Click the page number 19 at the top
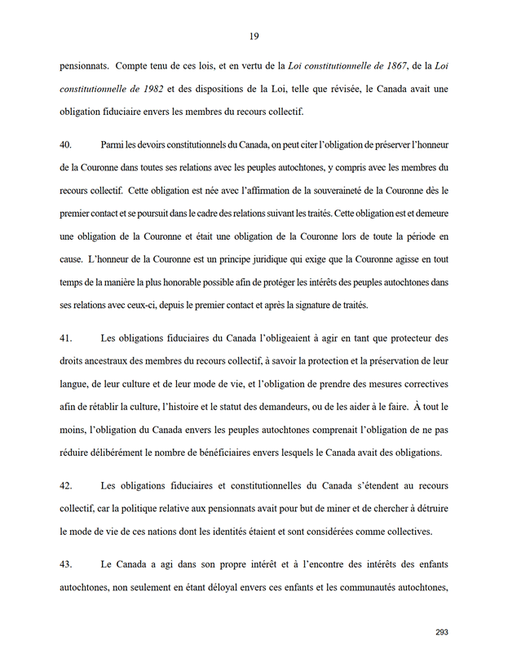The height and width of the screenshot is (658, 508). pyautogui.click(x=254, y=35)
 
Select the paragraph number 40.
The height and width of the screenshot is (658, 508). pyautogui.click(x=66, y=144)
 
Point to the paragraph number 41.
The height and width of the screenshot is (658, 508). pyautogui.click(x=66, y=337)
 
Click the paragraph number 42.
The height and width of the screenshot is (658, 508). pyautogui.click(x=66, y=486)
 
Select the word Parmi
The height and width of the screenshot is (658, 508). pyautogui.click(x=114, y=144)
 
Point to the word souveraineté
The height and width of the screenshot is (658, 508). pyautogui.click(x=317, y=191)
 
